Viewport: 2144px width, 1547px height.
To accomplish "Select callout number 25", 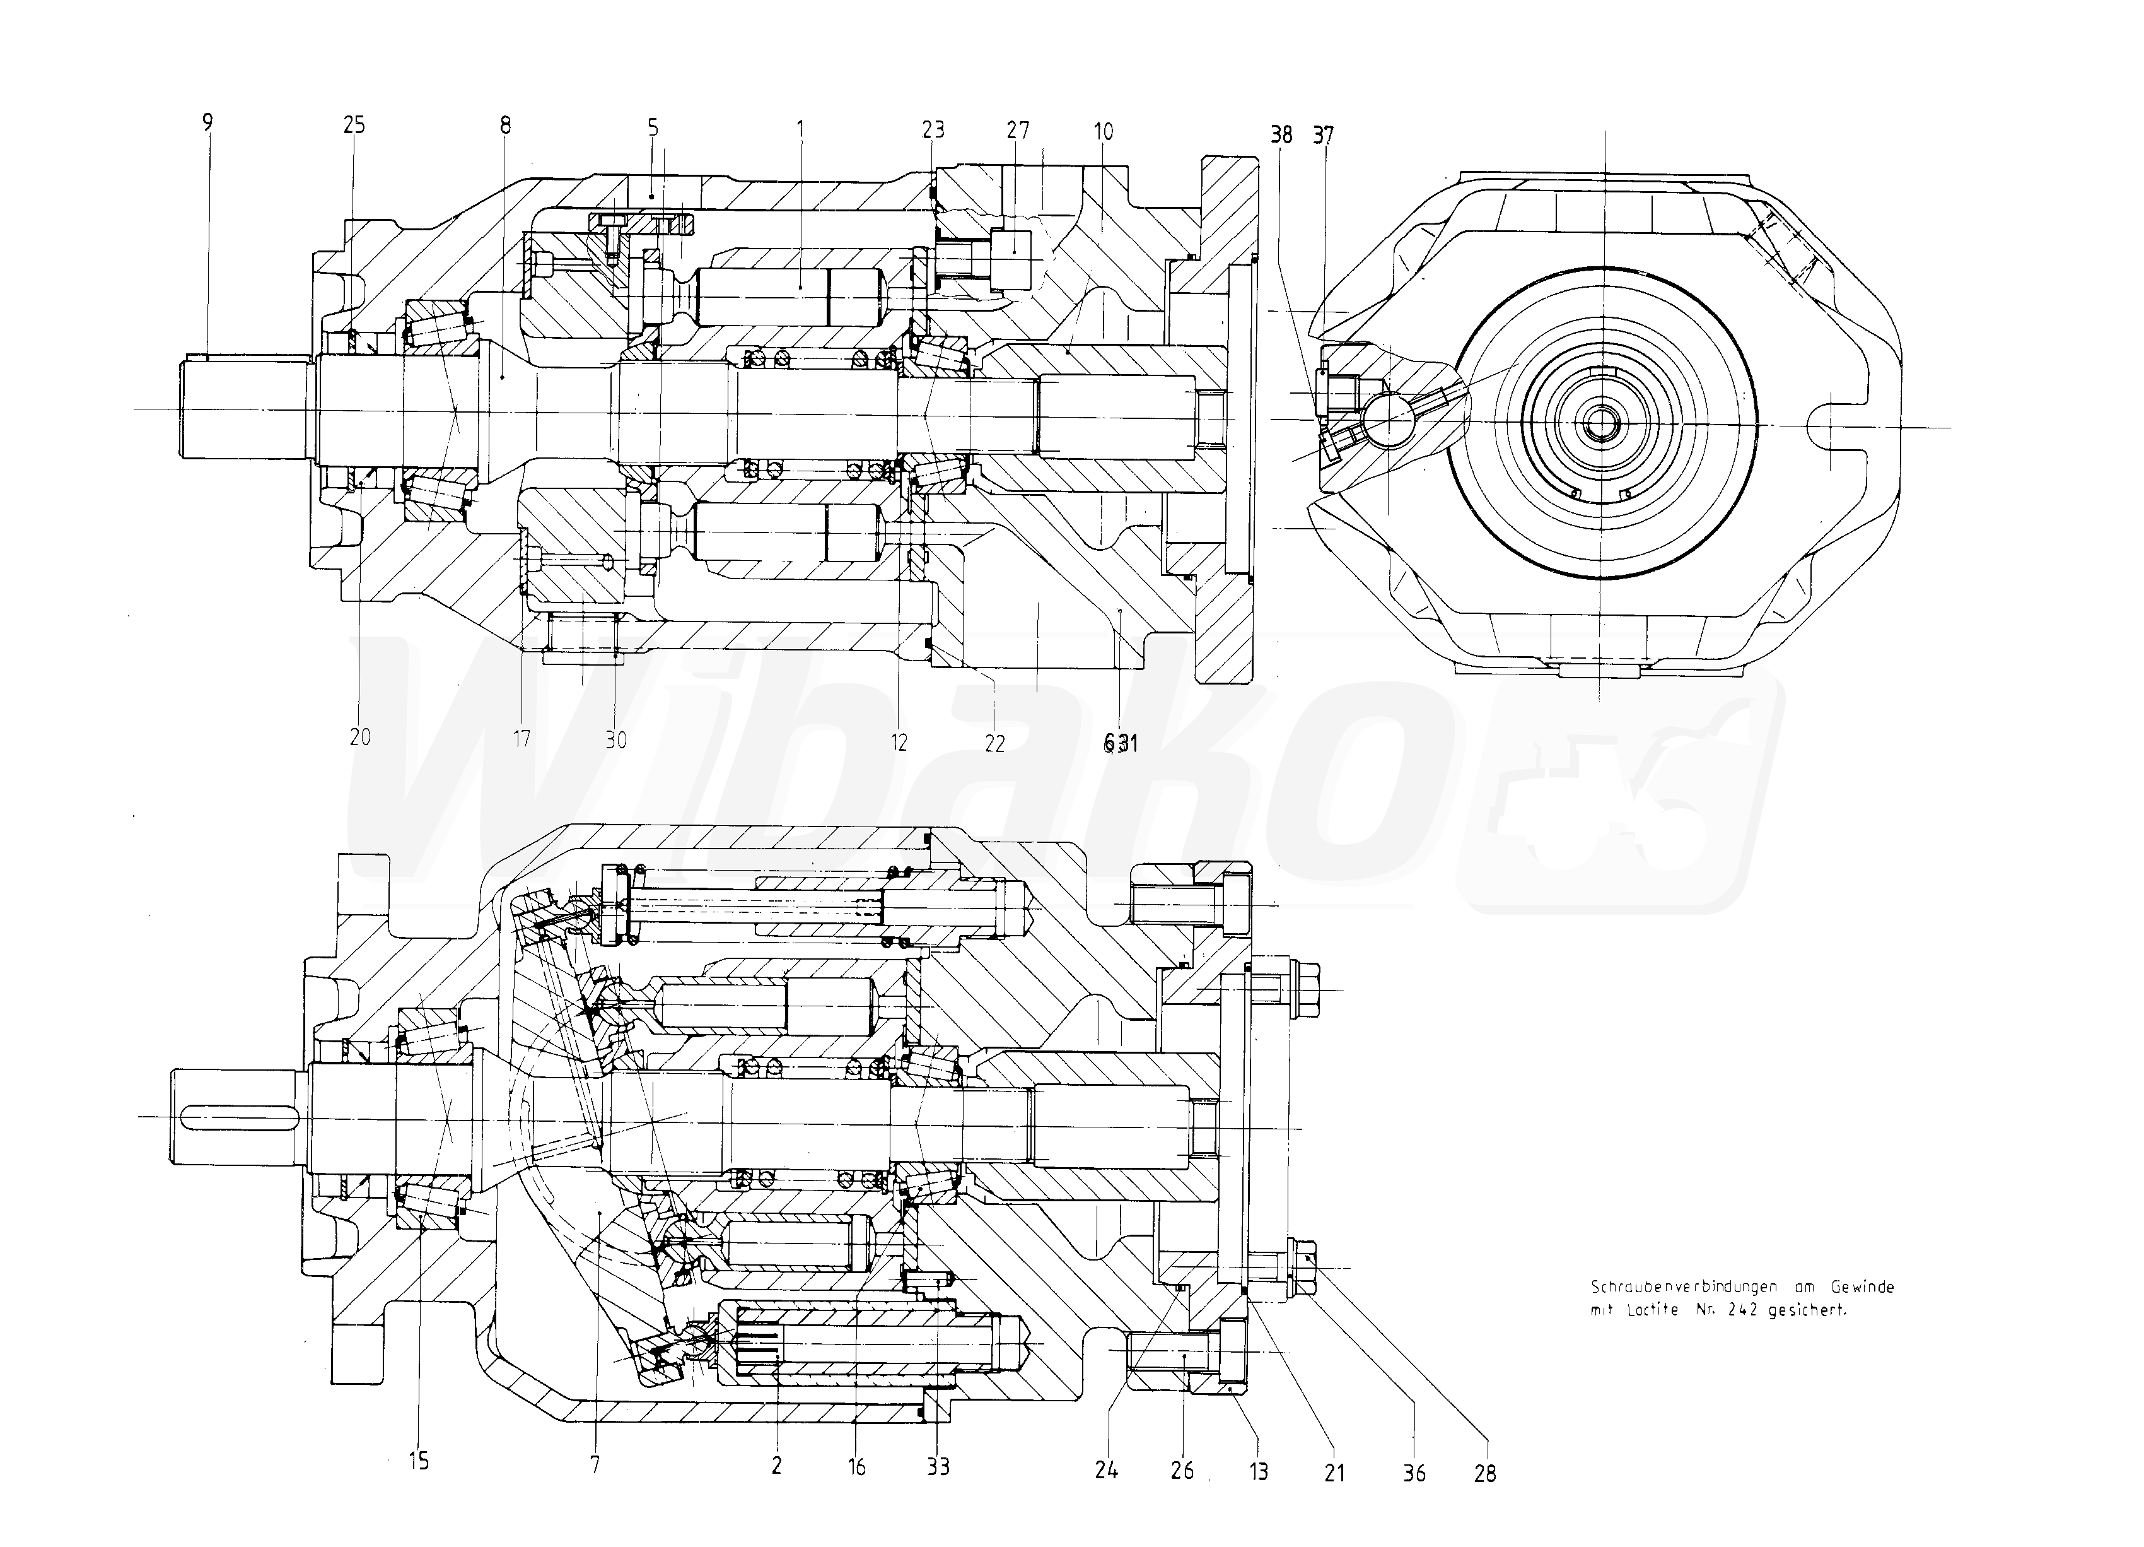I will pyautogui.click(x=354, y=125).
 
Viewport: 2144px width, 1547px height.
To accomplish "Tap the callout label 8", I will pyautogui.click(x=506, y=125).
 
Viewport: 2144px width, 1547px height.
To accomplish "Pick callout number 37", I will pyautogui.click(x=1324, y=135).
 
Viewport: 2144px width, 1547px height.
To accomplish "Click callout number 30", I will pyautogui.click(x=615, y=739).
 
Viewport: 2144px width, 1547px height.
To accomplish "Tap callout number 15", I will pyautogui.click(x=419, y=1461).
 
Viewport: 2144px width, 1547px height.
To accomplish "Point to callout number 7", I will pyautogui.click(x=595, y=1466).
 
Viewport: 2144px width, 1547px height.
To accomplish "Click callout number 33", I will pyautogui.click(x=938, y=1467).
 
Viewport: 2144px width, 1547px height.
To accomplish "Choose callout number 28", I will pyautogui.click(x=1485, y=1473).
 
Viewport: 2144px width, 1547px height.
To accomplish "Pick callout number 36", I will pyautogui.click(x=1414, y=1473).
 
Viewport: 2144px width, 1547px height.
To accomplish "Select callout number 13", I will pyautogui.click(x=1258, y=1471).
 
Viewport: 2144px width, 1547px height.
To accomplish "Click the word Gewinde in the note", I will pyautogui.click(x=1861, y=1287).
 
